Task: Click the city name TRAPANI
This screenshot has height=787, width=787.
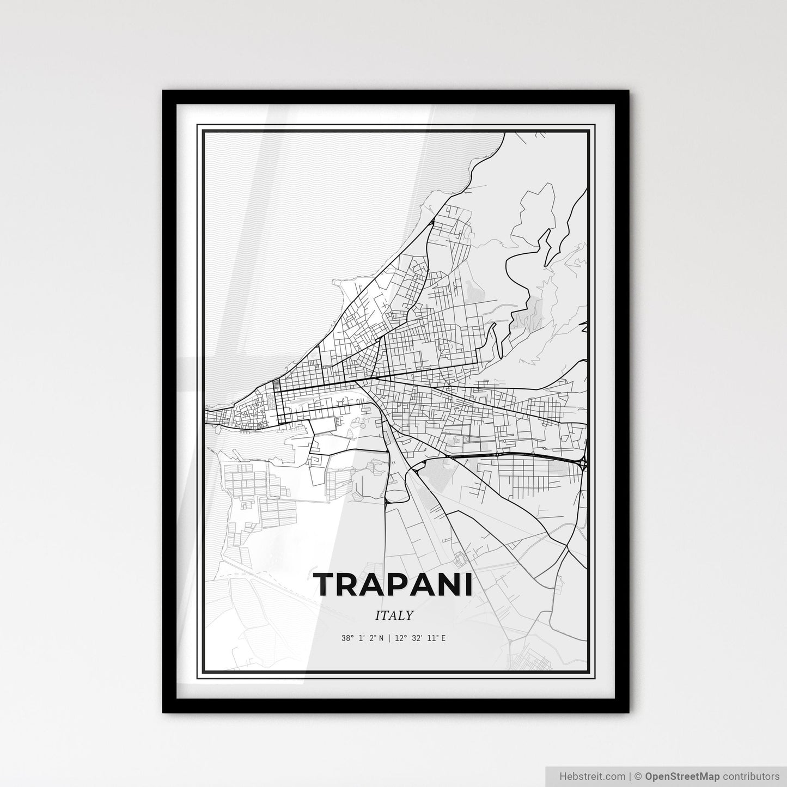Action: tap(393, 584)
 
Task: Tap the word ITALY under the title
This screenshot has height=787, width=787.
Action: tap(394, 615)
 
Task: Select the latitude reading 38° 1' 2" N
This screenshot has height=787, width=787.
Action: tap(363, 638)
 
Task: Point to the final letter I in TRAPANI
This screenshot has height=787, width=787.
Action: tap(471, 584)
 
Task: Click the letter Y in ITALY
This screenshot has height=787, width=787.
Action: tap(409, 615)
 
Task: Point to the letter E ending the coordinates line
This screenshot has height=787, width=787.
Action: tap(443, 638)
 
